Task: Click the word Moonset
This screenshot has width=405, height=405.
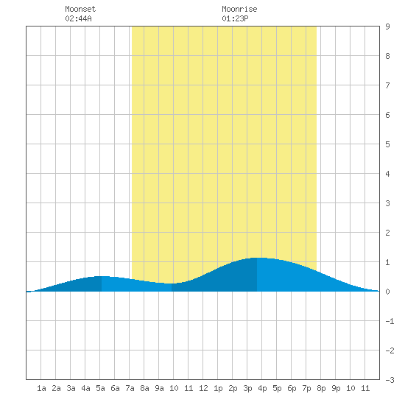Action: pyautogui.click(x=80, y=9)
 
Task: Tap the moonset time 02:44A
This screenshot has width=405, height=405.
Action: pyautogui.click(x=78, y=18)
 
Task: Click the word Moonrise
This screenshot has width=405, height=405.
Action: pyautogui.click(x=239, y=9)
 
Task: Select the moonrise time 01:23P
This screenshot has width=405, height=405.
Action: pyautogui.click(x=235, y=18)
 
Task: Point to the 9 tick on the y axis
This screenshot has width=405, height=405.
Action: pyautogui.click(x=387, y=27)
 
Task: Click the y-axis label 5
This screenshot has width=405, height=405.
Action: pyautogui.click(x=387, y=144)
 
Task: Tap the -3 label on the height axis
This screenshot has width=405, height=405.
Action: pyautogui.click(x=390, y=380)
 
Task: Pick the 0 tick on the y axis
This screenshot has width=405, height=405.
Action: pyautogui.click(x=387, y=292)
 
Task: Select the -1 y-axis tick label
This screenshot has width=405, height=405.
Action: pyautogui.click(x=390, y=321)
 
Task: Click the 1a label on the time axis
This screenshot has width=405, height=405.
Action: pyautogui.click(x=41, y=388)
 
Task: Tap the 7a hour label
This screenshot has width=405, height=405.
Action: pyautogui.click(x=130, y=388)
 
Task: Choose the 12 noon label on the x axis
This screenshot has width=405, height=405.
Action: pyautogui.click(x=203, y=388)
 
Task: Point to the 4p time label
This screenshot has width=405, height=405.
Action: pyautogui.click(x=262, y=388)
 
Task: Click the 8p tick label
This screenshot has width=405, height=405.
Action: pyautogui.click(x=321, y=388)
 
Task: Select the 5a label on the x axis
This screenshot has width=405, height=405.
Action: pyautogui.click(x=100, y=388)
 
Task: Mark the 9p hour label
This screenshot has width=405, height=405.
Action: pyautogui.click(x=336, y=388)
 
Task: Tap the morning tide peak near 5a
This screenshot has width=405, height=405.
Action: pyautogui.click(x=102, y=276)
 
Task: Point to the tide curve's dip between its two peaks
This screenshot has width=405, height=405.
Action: pyautogui.click(x=172, y=283)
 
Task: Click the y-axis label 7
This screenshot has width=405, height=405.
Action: pyautogui.click(x=387, y=85)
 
